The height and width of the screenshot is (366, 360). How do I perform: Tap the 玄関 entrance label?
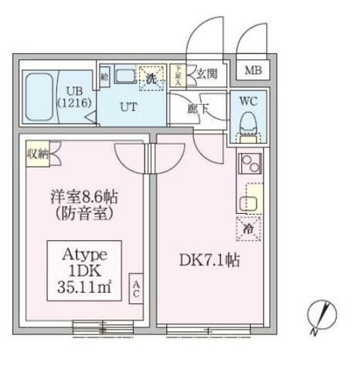[x=206, y=74]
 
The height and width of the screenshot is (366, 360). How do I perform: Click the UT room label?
[x=128, y=107]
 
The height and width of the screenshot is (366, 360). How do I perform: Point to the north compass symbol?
[x=323, y=317]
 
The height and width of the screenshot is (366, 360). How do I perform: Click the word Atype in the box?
[x=83, y=254]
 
